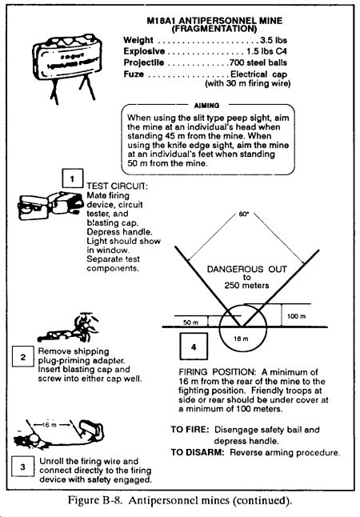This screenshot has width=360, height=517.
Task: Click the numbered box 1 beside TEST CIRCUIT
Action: tap(73, 178)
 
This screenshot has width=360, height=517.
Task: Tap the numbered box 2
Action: tap(22, 356)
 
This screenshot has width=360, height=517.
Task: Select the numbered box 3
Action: tap(22, 467)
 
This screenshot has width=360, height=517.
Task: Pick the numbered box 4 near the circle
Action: tap(194, 347)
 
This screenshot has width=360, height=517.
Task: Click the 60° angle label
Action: tap(244, 214)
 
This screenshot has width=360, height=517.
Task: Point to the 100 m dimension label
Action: tap(296, 317)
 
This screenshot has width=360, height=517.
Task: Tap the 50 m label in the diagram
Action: tap(191, 323)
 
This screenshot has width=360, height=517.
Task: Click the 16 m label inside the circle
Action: tap(241, 339)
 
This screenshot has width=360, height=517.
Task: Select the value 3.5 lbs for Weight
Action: tap(274, 40)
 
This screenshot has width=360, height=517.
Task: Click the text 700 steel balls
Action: tap(258, 62)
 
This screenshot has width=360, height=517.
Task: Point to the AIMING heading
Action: tap(206, 106)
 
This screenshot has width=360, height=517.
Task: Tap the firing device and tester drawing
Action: tap(50, 205)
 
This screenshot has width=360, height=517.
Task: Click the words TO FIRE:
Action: tap(190, 430)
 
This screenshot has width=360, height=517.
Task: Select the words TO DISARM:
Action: tap(197, 452)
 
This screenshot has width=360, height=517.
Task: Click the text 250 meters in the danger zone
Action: tap(246, 285)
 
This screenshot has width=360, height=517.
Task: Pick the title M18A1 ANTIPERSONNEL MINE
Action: tap(214, 21)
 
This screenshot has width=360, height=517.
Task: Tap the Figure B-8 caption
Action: tap(180, 500)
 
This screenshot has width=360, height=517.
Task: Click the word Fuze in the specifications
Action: tap(134, 74)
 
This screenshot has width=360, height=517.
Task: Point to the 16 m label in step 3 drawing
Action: tap(50, 425)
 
